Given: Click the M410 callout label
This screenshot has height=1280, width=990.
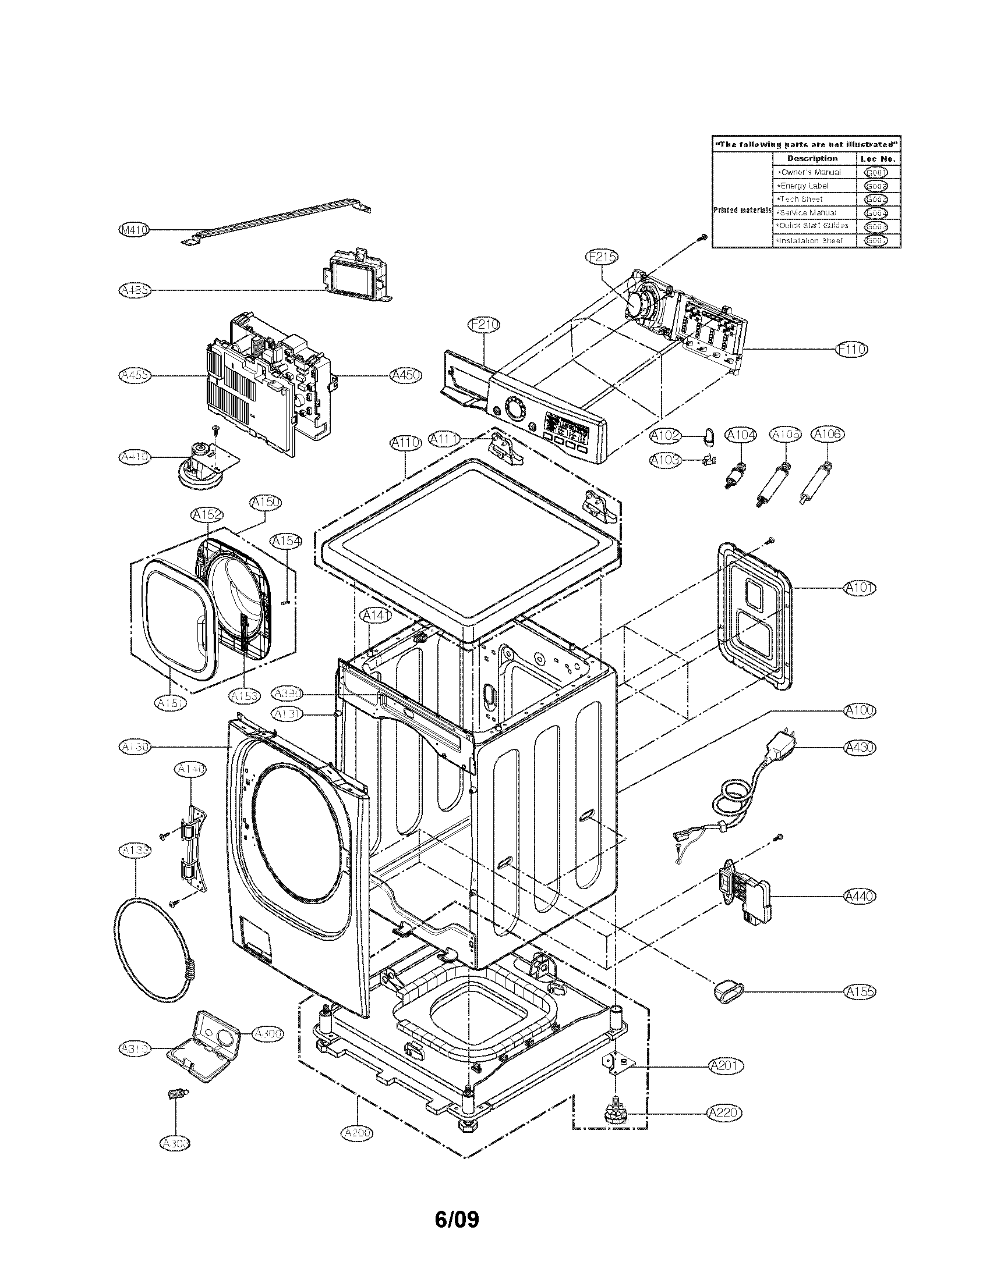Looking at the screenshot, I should pos(135,230).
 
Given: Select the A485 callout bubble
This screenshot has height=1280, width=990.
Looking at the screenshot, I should pos(135,290).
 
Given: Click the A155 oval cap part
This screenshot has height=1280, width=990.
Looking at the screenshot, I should pos(728,989).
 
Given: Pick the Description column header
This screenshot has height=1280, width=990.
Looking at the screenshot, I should pos(812,159).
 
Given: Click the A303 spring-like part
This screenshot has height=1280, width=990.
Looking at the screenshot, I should pos(175,1094).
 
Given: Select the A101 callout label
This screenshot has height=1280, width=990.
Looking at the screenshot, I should pos(860,588).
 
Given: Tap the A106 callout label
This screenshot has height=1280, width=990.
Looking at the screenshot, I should pos(828,434).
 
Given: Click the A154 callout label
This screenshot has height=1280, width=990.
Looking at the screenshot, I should pos(287,542).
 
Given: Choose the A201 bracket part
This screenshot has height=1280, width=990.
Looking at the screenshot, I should pos(616,1063).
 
